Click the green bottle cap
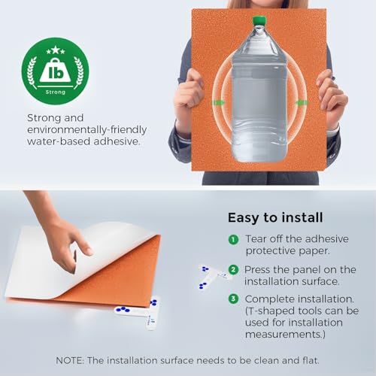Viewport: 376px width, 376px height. (x=259, y=20)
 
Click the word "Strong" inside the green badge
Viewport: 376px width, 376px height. (x=56, y=92)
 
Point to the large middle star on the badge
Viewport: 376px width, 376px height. (x=56, y=50)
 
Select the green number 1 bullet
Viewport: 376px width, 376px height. (x=233, y=239)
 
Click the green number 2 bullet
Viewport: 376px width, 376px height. (x=233, y=270)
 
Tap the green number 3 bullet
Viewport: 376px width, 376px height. (x=233, y=299)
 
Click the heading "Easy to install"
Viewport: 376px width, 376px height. (x=275, y=217)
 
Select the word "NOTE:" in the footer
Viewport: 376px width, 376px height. (x=70, y=360)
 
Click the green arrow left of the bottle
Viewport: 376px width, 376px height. (x=218, y=102)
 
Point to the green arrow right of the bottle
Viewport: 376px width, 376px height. (x=302, y=102)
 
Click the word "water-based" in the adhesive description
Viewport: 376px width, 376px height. (x=59, y=141)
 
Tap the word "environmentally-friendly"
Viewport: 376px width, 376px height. (x=86, y=130)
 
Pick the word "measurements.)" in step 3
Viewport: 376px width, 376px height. (x=285, y=334)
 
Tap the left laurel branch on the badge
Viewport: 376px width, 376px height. (x=32, y=71)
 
